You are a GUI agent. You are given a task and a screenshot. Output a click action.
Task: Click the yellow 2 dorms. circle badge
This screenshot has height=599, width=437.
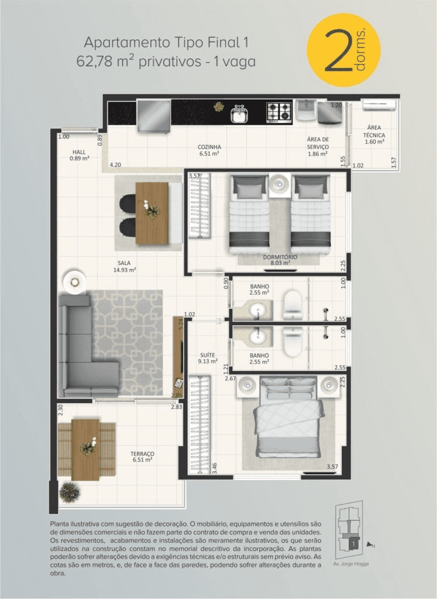343,50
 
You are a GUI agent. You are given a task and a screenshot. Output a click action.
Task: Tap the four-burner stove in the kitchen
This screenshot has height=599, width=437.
279,112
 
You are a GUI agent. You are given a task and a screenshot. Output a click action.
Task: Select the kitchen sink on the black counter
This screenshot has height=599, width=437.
239,114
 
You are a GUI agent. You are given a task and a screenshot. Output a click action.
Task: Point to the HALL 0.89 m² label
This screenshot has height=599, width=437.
80,155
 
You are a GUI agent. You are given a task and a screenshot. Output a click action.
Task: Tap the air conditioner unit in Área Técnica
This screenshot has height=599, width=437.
379,105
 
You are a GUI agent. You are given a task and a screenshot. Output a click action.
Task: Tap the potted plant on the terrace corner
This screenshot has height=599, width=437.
70,492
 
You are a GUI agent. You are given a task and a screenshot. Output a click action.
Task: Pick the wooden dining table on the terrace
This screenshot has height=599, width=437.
85,450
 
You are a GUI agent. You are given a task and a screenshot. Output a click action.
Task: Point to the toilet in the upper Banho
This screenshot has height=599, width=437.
293,305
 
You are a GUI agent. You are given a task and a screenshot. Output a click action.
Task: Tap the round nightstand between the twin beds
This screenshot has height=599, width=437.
280,184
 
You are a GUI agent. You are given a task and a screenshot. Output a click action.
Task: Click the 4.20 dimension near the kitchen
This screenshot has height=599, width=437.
115,165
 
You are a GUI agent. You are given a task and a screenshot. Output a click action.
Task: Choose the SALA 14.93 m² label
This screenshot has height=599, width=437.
125,266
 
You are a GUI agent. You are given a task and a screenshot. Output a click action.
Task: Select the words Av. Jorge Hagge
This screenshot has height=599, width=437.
351,564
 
